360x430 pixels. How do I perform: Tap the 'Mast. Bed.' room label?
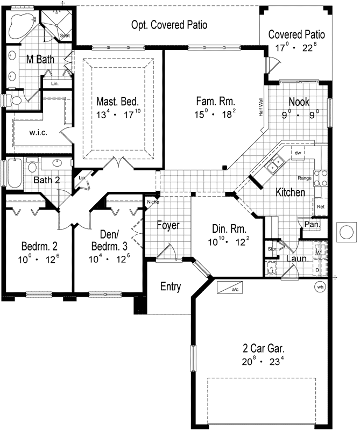click(118, 101)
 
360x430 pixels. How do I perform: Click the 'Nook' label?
click(299, 102)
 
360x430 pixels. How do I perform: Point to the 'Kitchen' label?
click(291, 192)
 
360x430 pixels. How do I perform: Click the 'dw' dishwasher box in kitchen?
click(297, 153)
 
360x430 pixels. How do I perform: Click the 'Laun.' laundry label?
click(297, 259)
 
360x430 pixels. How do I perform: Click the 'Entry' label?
click(171, 286)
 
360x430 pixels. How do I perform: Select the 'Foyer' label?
click(168, 225)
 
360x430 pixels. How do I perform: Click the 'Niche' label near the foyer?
click(152, 202)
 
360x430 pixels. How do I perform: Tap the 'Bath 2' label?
click(46, 180)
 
